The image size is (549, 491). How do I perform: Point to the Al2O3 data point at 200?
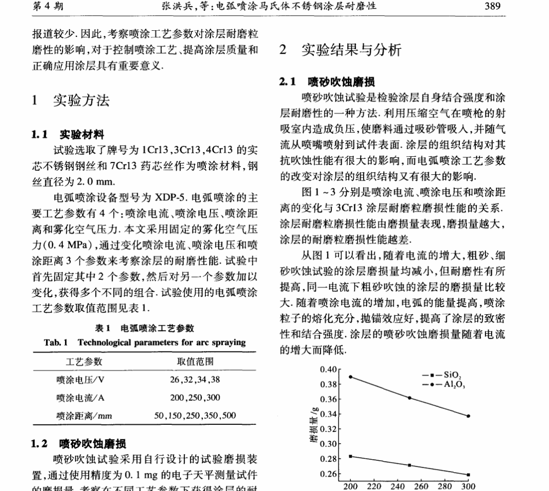point(350,377)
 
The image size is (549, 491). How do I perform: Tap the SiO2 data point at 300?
point(468,475)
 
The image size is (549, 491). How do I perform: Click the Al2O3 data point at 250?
point(409,398)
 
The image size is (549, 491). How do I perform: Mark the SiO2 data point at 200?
point(350,456)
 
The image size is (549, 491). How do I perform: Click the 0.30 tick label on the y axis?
point(327,444)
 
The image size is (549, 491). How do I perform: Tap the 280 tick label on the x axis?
point(445,486)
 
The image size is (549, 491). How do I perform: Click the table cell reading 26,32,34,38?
point(195,380)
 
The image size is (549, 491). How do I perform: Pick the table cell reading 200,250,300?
point(195,397)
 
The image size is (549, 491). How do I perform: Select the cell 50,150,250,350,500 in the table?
point(195,415)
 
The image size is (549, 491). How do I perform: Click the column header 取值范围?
point(195,362)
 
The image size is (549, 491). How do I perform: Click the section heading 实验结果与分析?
point(351,50)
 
